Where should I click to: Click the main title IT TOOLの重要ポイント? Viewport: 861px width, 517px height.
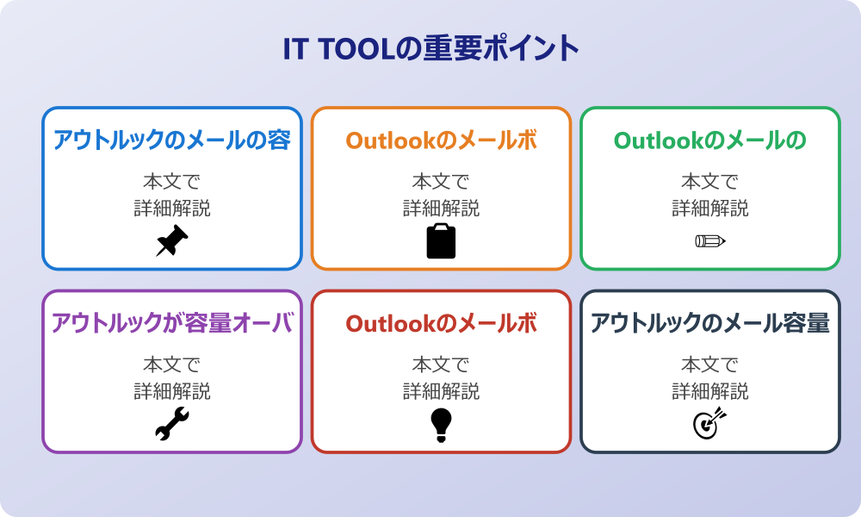point(431,48)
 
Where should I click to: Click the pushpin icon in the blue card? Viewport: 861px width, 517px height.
point(172,240)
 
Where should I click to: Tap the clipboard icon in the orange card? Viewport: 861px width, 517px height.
point(441,240)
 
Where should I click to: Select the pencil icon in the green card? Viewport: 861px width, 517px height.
point(710,240)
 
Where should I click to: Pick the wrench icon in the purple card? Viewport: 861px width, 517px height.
point(172,424)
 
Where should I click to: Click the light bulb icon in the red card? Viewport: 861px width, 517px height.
point(441,425)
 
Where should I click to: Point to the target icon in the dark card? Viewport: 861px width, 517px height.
point(710,423)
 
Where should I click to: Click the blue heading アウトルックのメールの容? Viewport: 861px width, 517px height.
point(172,140)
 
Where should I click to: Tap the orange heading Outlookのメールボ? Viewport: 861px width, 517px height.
point(441,140)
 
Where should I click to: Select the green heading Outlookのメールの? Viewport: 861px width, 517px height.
point(710,140)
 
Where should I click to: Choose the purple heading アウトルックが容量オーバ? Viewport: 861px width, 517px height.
point(172,323)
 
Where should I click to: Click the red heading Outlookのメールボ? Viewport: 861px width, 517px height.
point(441,324)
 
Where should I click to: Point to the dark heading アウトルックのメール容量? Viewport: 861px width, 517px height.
point(710,323)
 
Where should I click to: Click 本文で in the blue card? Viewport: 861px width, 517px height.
point(172,181)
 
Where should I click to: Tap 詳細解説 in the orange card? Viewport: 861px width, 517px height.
point(441,209)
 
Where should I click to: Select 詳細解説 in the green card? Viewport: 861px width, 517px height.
point(710,209)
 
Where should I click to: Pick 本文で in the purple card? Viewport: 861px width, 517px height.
point(172,364)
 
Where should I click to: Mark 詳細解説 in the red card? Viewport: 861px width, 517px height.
point(441,391)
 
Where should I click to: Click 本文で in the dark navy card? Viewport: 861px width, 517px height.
point(710,364)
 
